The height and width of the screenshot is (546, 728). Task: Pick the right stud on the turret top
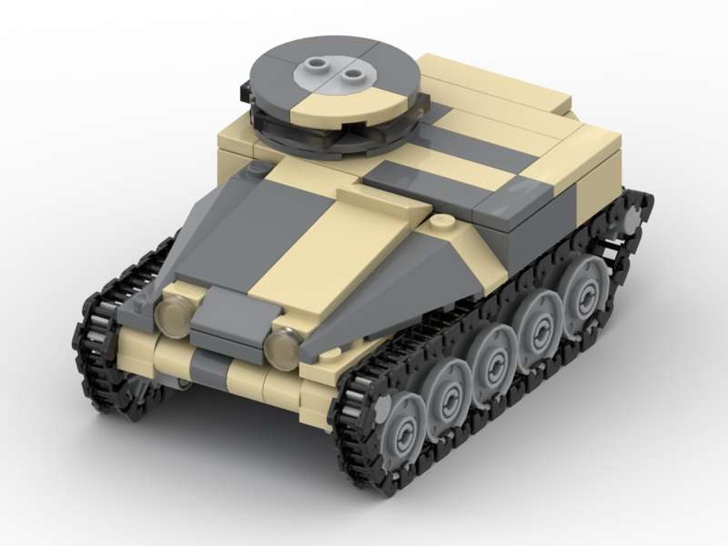click(354, 74)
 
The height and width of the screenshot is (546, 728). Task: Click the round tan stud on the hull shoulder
click(439, 221)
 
